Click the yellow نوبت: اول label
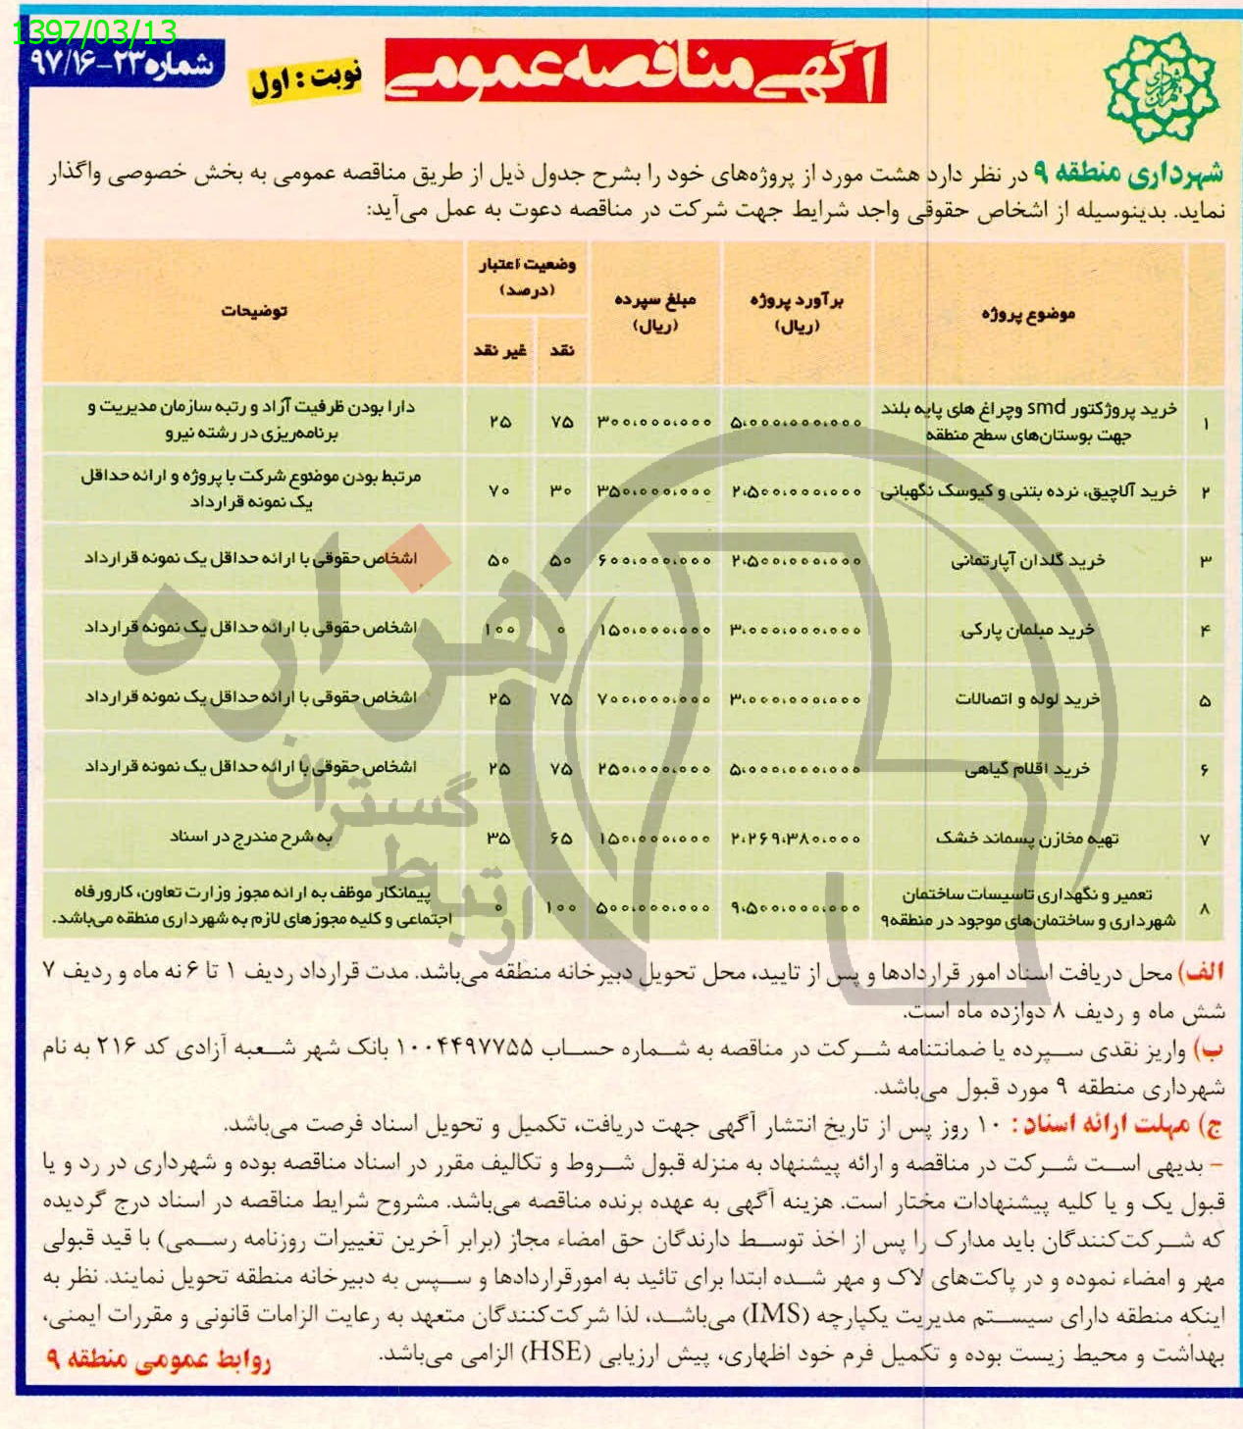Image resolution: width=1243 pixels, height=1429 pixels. pos(306,79)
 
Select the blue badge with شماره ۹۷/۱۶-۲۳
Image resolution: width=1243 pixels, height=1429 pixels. pos(123,65)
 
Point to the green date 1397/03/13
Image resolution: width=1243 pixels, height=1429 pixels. pos(95,32)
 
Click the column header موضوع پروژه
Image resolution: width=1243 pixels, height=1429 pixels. pos(1027,314)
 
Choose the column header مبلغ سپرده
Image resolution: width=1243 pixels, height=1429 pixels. pos(653,312)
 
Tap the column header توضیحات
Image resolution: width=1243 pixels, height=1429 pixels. pos(253,311)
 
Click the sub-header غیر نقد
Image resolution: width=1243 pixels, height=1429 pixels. pos(500,350)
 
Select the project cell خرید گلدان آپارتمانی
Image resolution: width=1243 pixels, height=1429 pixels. pos(1027,561)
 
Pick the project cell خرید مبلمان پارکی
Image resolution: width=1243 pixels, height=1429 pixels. pos(1027,631)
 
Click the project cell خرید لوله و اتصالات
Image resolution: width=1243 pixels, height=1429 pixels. pos(1027,700)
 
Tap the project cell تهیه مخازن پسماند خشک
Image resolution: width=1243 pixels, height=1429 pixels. pos(1027,839)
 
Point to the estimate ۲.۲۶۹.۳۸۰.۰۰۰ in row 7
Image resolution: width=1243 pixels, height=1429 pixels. pos(796,839)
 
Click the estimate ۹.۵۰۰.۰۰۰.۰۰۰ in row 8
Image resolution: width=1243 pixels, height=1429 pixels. pos(796,908)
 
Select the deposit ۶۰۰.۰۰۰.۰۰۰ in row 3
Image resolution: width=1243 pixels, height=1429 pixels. pos(653,561)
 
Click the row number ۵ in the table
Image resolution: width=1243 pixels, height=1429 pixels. pos(1205,701)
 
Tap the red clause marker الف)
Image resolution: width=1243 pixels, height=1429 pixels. pos(1201,973)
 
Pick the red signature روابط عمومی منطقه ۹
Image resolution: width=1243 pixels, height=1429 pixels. pos(159,1360)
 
